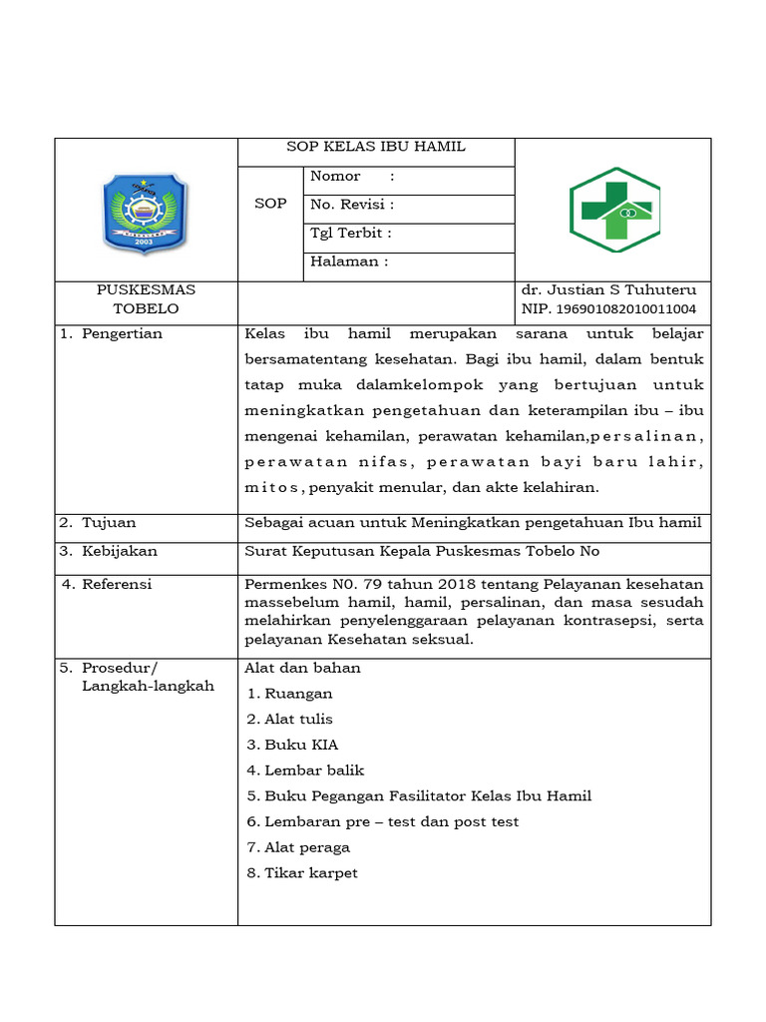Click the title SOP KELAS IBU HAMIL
click(376, 147)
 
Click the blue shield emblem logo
click(146, 211)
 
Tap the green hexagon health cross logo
click(614, 210)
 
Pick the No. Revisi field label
click(352, 205)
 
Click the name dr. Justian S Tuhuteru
click(608, 289)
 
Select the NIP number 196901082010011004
click(608, 309)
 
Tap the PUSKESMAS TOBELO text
click(146, 299)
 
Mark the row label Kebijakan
click(119, 551)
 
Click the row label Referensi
click(117, 585)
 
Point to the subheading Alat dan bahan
click(302, 668)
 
